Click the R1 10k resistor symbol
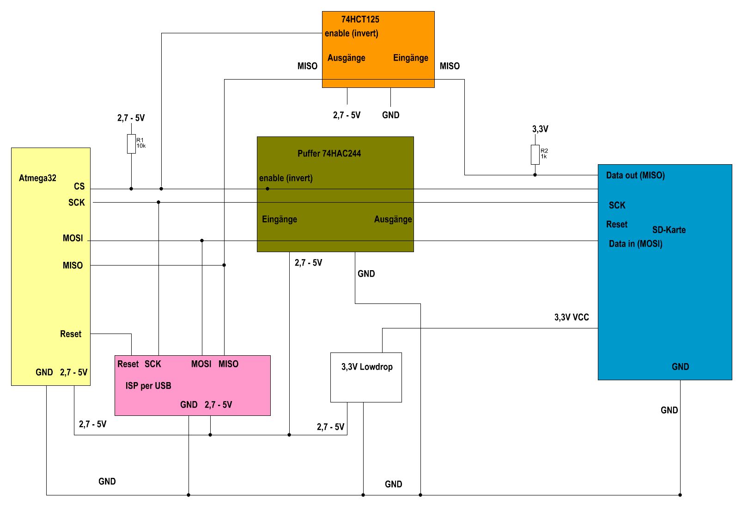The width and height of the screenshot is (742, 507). (131, 143)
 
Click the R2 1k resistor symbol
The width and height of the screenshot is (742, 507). (535, 155)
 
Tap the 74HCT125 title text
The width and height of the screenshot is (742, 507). (360, 19)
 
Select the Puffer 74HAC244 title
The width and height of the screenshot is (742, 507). (329, 154)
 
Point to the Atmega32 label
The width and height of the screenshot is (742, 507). (37, 178)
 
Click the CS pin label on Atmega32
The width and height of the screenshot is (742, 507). (79, 186)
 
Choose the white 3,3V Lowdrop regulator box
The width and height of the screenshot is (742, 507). (366, 377)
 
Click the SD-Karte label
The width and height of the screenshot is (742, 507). (669, 230)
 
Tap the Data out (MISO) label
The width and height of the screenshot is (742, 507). (635, 175)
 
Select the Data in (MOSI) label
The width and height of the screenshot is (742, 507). (635, 244)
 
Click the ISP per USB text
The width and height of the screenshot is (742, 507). (148, 386)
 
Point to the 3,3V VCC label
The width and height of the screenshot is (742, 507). (572, 317)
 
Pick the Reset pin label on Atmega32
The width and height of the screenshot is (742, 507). (70, 334)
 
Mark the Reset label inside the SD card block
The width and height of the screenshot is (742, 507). (617, 224)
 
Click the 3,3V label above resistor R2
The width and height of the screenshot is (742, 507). (540, 129)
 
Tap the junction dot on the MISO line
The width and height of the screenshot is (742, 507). (224, 265)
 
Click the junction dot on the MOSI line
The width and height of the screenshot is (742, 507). (202, 241)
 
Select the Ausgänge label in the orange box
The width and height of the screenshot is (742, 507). (346, 58)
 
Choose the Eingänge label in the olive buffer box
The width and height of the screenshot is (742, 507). (279, 219)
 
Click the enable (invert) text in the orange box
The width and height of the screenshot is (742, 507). (351, 33)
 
